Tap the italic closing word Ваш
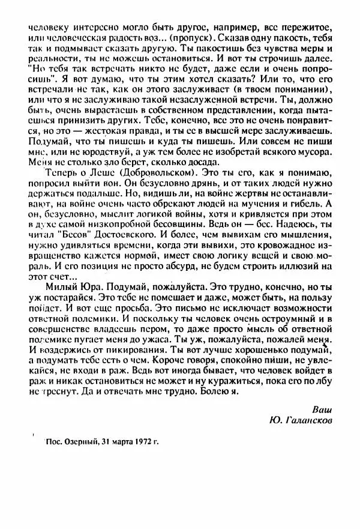click(322, 410)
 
